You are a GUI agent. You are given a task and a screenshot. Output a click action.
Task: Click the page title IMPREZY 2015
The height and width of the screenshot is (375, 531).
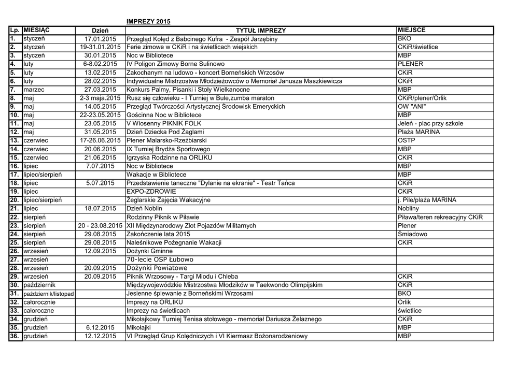148,21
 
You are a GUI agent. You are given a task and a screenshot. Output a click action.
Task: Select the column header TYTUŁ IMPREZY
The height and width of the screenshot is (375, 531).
261,31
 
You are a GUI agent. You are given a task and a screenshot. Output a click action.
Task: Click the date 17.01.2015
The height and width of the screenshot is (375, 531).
101,39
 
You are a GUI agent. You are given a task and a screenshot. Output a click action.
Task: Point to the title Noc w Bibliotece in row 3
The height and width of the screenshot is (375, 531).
150,55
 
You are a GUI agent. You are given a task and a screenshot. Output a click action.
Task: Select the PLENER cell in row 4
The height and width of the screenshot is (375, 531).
411,64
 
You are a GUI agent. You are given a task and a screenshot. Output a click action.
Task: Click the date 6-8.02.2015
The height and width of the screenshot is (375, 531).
101,64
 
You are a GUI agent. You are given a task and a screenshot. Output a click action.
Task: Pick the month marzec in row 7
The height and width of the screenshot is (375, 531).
35,90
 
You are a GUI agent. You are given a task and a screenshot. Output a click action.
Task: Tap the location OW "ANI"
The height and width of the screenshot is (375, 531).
412,107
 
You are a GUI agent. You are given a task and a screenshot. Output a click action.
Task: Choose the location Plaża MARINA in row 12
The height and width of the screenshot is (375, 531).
418,132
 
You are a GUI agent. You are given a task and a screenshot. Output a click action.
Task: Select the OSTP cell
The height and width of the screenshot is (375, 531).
406,140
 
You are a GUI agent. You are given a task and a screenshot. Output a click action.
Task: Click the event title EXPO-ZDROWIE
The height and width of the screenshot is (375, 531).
151,192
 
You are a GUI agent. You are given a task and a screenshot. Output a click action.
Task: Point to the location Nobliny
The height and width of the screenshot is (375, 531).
408,209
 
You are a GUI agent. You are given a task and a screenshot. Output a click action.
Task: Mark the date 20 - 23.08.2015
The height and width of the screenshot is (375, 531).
101,226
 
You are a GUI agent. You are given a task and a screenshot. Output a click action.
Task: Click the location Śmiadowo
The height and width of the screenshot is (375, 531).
413,234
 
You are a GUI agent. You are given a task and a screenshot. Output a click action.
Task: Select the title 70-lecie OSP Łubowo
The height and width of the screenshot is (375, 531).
160,259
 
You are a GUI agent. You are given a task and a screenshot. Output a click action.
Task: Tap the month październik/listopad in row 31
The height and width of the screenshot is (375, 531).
49,294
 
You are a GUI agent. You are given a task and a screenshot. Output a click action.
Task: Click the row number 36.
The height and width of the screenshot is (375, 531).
15,336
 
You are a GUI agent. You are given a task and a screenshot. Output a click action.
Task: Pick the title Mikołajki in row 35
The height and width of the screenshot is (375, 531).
138,328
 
